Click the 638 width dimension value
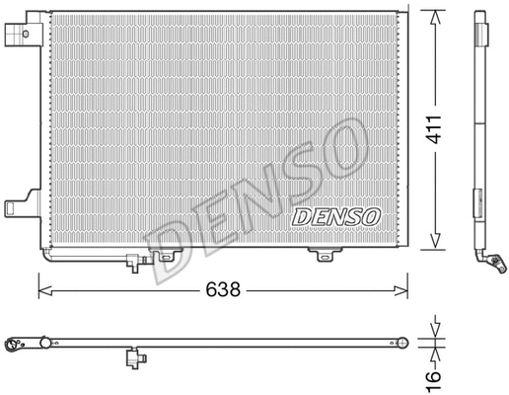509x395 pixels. (x=223, y=290)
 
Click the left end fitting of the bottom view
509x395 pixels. (x=17, y=345)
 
